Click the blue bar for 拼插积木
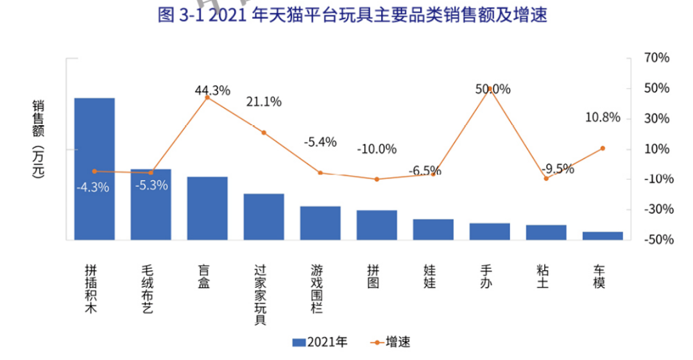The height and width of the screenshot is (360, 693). (94, 169)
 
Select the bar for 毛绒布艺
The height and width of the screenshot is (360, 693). (151, 204)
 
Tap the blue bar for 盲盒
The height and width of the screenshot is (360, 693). (207, 208)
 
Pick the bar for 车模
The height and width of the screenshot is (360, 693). (603, 236)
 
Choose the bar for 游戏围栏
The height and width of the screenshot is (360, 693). (320, 223)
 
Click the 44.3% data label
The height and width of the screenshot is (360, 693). (212, 90)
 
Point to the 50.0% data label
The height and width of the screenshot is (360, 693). (493, 89)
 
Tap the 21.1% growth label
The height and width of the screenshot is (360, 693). (264, 101)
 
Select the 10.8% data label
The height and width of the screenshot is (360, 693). (603, 117)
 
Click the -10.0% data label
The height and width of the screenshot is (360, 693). (377, 149)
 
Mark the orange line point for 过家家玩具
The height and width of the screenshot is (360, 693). (264, 133)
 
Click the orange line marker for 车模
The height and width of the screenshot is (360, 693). (603, 148)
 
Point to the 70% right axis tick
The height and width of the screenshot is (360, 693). (656, 58)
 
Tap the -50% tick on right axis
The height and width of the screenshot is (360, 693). (655, 239)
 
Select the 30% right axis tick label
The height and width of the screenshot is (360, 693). (656, 118)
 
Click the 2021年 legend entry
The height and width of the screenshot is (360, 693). (320, 342)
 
